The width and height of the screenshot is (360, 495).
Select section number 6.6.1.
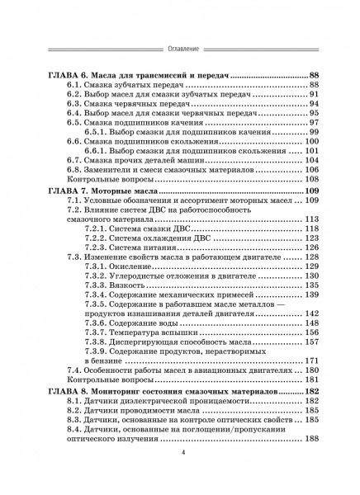click(x=96, y=152)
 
